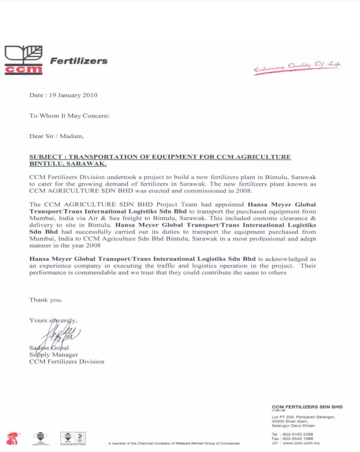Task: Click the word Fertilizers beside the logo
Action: (78, 61)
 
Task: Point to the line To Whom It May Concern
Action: (69, 116)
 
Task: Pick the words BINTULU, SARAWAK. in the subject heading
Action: (68, 164)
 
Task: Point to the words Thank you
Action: (46, 300)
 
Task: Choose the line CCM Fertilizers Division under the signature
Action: (66, 361)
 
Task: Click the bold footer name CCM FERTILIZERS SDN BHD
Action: (307, 407)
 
